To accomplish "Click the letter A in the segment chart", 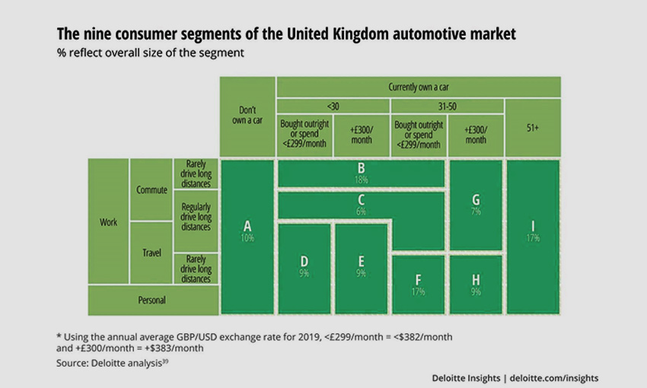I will click(x=247, y=226).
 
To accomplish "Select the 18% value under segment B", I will click(x=361, y=180).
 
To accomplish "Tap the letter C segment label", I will click(x=361, y=200).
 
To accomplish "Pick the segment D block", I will click(x=304, y=267).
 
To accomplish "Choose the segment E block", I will click(x=361, y=267).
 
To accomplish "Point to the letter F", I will click(x=418, y=278).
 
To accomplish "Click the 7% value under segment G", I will click(x=476, y=211).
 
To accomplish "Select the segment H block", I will click(x=476, y=283).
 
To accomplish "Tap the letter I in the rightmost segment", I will click(x=533, y=226).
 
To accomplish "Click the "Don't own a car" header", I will click(x=247, y=116).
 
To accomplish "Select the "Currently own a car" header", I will click(x=418, y=87).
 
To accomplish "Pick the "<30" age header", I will click(x=333, y=107).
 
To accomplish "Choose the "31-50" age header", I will click(x=446, y=107).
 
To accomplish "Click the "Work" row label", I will click(x=108, y=222).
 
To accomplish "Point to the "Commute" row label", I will click(x=151, y=190).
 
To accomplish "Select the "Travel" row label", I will click(x=151, y=253).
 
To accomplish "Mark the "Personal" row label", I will click(x=151, y=300).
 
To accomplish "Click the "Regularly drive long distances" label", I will click(x=196, y=216).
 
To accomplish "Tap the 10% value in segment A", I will click(x=247, y=238).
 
